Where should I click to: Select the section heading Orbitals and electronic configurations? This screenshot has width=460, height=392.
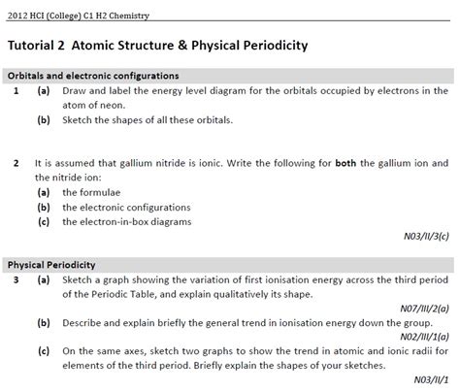tap(92, 76)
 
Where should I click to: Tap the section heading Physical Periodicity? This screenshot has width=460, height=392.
tap(51, 264)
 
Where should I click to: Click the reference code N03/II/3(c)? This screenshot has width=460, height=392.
tap(425, 235)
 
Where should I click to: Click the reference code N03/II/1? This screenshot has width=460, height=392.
tap(431, 379)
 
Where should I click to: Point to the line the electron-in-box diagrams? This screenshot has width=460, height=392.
tap(127, 220)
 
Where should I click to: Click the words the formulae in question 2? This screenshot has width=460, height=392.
tap(94, 191)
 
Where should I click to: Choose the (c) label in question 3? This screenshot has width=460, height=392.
tap(44, 350)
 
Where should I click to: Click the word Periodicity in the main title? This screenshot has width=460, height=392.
tap(260, 46)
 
